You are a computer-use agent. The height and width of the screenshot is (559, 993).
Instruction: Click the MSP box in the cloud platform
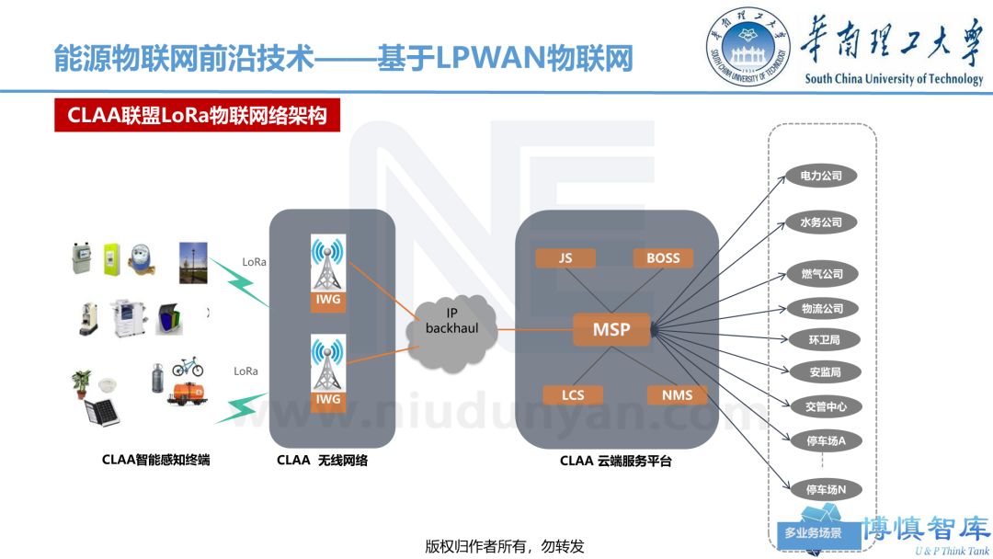coord(611,329)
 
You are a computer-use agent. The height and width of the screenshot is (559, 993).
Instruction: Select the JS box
coord(565,258)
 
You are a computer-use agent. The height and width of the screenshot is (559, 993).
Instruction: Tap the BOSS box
coord(663,258)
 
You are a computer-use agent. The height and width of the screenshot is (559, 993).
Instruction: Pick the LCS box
coord(573,395)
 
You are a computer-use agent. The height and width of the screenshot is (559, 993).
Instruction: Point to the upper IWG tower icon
coord(328,267)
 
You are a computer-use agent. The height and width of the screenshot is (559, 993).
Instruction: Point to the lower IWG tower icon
coord(328,368)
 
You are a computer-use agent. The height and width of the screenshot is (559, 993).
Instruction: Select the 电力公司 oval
coord(821,175)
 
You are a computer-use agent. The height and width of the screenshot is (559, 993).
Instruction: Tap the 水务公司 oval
coord(821,222)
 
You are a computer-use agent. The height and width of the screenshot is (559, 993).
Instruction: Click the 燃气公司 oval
coord(821,274)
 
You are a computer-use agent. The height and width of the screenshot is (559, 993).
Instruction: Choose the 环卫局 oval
coord(821,339)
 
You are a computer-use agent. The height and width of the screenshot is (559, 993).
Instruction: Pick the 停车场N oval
coord(826,489)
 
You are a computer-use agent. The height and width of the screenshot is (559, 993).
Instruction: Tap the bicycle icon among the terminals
coord(187,366)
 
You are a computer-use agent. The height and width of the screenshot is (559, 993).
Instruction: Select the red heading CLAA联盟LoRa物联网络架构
coord(197,117)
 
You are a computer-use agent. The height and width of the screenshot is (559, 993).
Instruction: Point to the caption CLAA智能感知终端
coord(155,460)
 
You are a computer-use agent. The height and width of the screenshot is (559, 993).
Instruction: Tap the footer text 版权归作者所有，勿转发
coord(505,545)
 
